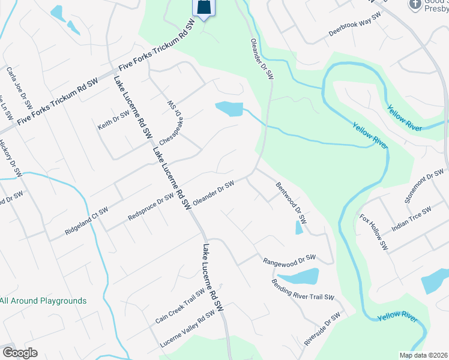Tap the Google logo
tap(20, 353)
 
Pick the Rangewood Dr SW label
tap(289, 259)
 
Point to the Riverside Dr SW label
tap(322, 328)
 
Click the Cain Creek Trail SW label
tap(180, 305)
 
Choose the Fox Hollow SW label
tap(373, 232)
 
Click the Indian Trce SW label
tap(411, 220)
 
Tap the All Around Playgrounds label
tap(43, 301)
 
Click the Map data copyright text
tap(424, 355)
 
